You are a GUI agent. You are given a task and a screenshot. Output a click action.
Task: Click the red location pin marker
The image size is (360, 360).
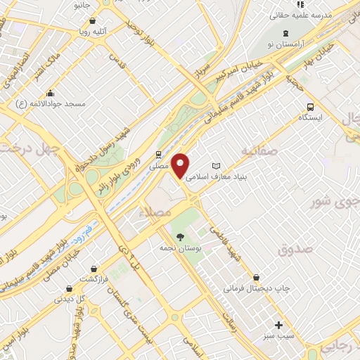(x=181, y=165)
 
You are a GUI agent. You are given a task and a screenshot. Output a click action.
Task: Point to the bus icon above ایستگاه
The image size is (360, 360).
(x=310, y=107)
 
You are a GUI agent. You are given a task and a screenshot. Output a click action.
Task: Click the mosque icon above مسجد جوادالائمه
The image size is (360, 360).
(x=50, y=93)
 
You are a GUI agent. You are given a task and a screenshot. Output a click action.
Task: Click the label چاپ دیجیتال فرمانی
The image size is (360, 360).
(x=257, y=288)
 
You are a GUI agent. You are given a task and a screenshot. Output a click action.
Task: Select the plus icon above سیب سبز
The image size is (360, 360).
(x=278, y=325)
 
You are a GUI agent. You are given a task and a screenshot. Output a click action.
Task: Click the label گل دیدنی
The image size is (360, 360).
(x=70, y=299)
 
